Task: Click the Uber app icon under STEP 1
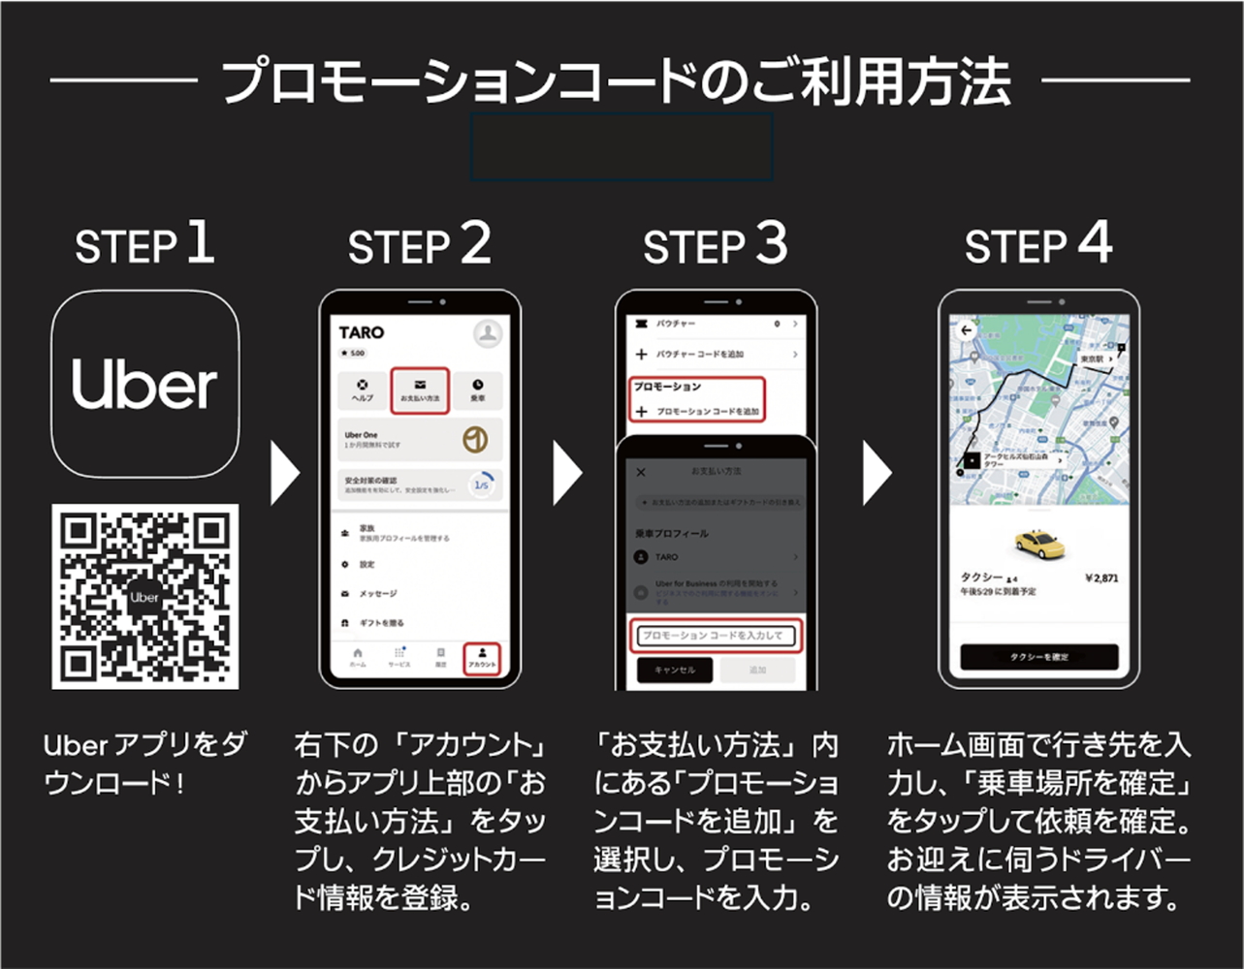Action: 144,384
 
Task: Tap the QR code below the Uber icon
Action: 144,596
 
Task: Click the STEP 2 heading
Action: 419,245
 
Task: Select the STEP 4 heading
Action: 1037,245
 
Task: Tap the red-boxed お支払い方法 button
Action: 419,390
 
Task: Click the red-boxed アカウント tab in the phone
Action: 481,658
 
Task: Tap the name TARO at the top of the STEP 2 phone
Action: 362,332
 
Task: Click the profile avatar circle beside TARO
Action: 487,333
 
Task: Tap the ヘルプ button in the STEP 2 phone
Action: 362,390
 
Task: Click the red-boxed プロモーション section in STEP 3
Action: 696,399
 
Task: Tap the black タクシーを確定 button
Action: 1038,657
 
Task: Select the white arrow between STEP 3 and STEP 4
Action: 877,473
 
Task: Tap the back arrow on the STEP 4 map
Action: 966,330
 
